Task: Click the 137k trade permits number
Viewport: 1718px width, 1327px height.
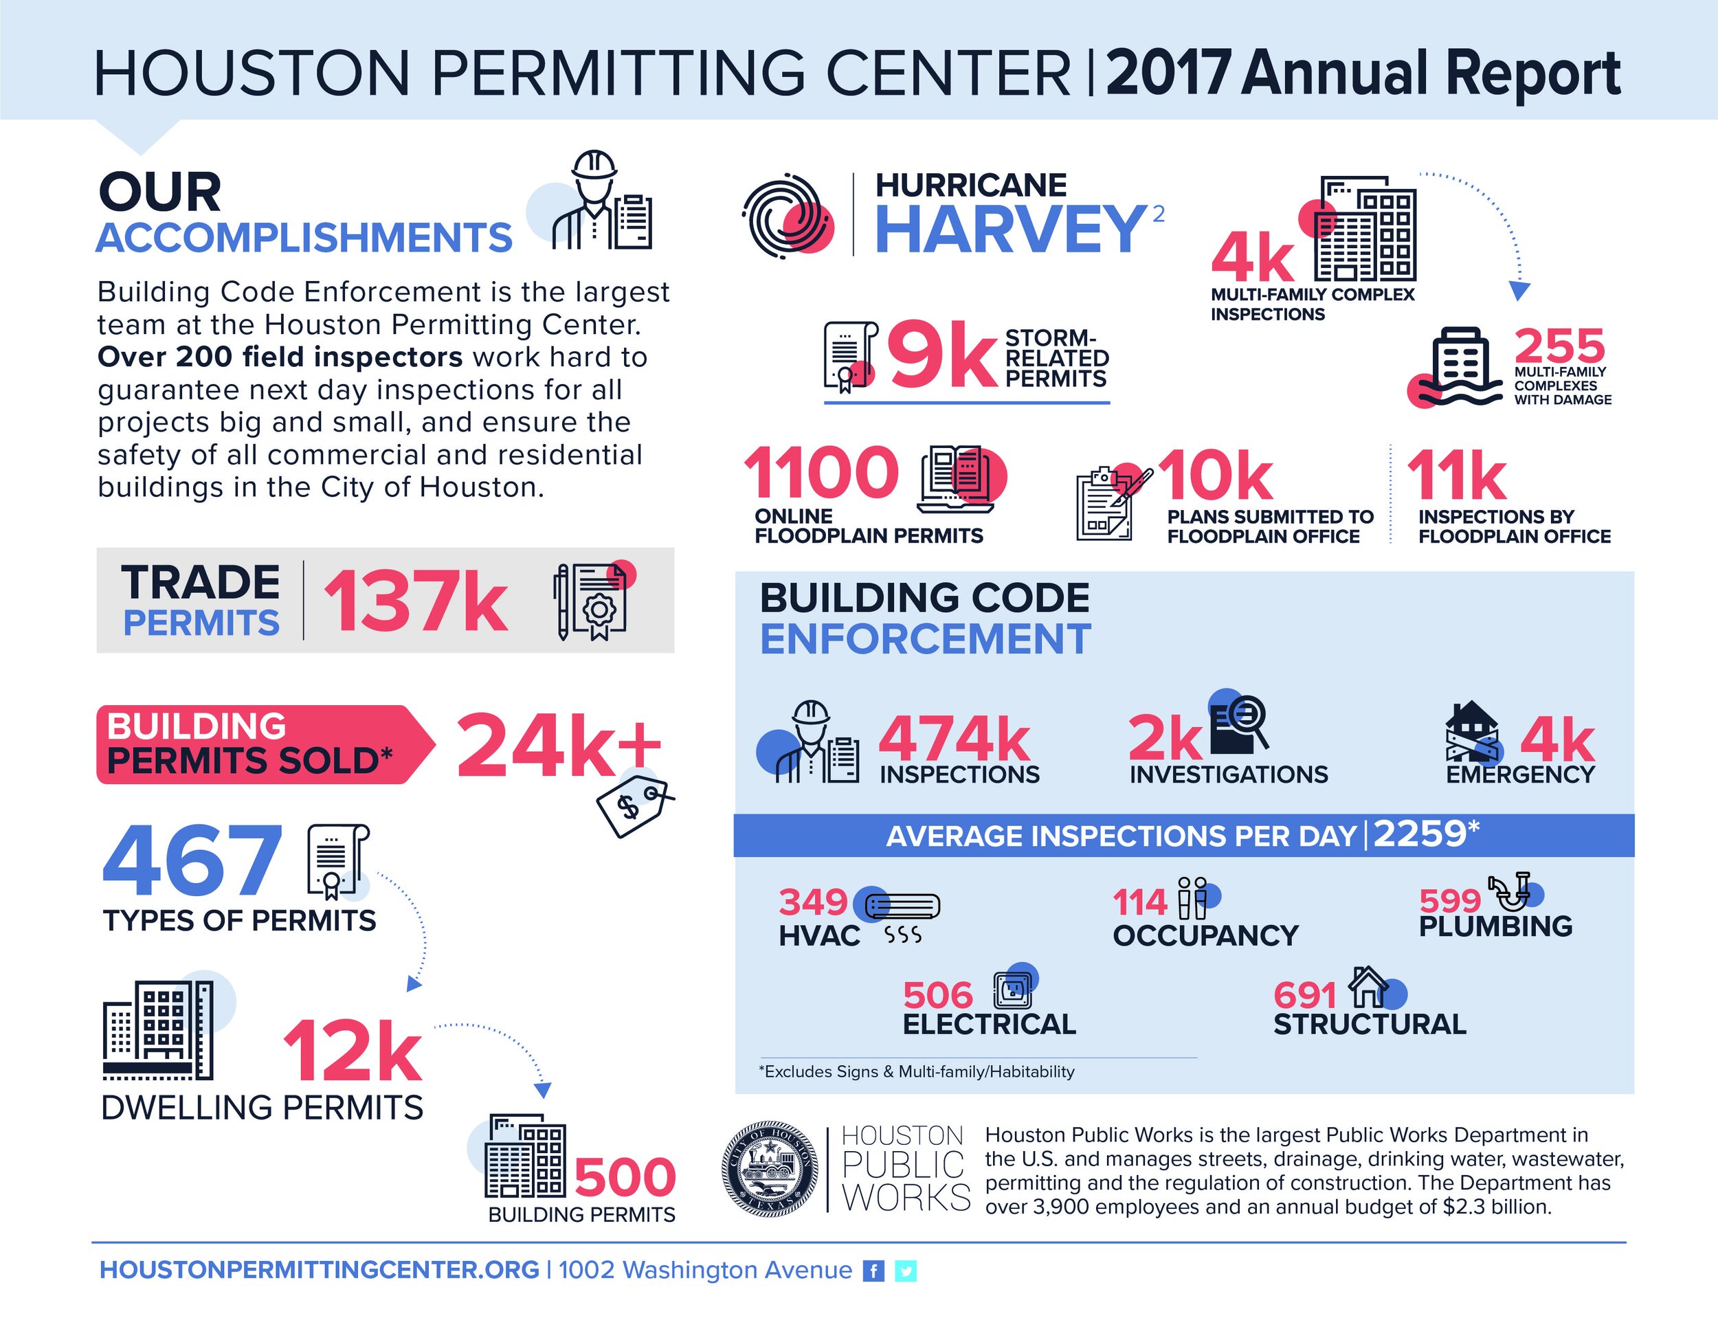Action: [414, 602]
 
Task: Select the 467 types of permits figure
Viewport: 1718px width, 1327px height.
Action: [192, 861]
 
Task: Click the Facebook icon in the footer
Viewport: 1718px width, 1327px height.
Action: [873, 1271]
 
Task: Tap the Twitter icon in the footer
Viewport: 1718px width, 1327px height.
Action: [906, 1271]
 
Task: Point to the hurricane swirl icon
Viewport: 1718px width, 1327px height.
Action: [787, 216]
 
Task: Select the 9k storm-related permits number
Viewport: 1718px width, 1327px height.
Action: [942, 358]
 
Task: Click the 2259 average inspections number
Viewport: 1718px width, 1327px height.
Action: [1420, 834]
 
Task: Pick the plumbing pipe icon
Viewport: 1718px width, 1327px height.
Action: [1512, 891]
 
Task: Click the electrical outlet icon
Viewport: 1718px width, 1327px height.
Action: [1012, 990]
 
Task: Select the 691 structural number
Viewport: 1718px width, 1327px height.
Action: [1304, 995]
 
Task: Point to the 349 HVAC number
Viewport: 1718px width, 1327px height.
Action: [812, 902]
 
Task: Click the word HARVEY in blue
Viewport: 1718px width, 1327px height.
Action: [1009, 229]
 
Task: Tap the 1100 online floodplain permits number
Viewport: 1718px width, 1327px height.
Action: [821, 473]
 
